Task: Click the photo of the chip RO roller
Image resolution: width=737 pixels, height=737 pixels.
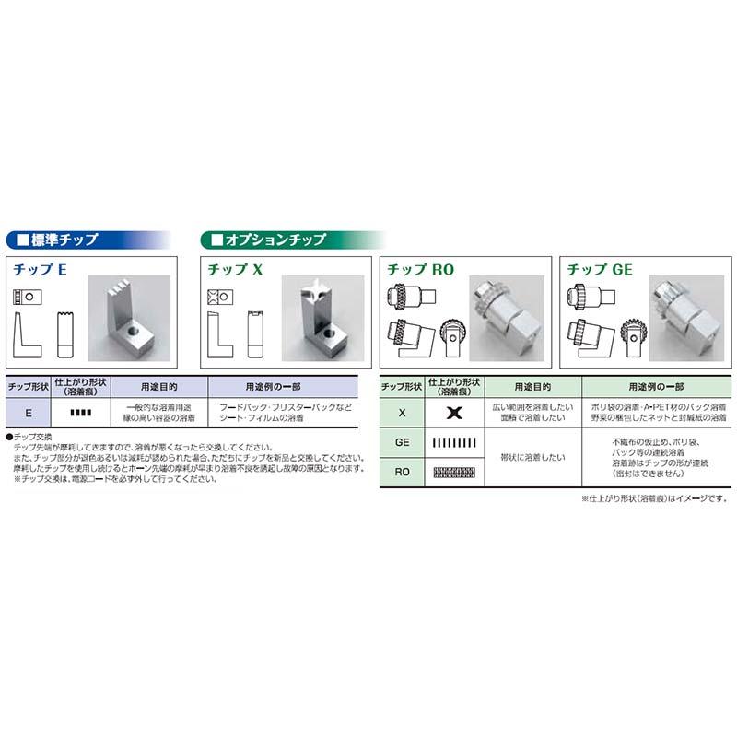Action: (502, 313)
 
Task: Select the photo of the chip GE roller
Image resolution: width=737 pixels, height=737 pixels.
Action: (682, 313)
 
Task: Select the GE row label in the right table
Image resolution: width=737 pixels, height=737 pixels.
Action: (402, 442)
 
